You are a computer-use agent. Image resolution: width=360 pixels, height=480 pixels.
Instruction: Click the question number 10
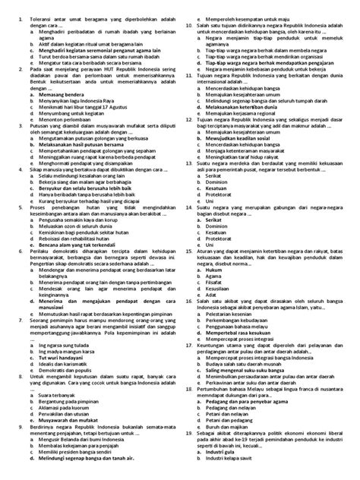190,25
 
